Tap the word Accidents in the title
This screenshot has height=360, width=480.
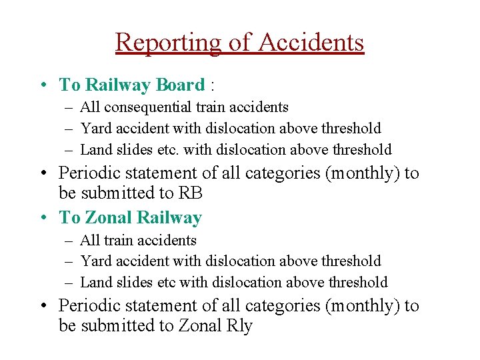[x=311, y=43]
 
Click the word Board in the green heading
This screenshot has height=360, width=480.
[x=179, y=85]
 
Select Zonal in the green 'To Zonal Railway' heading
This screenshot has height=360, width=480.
[x=110, y=218]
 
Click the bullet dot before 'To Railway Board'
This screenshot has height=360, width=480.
[x=43, y=85]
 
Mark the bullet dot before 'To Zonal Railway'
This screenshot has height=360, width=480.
[x=43, y=218]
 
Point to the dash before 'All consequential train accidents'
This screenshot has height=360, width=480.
[x=69, y=107]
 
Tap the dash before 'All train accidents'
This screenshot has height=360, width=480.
[x=69, y=240]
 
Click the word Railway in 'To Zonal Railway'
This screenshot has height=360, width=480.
[x=169, y=218]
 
